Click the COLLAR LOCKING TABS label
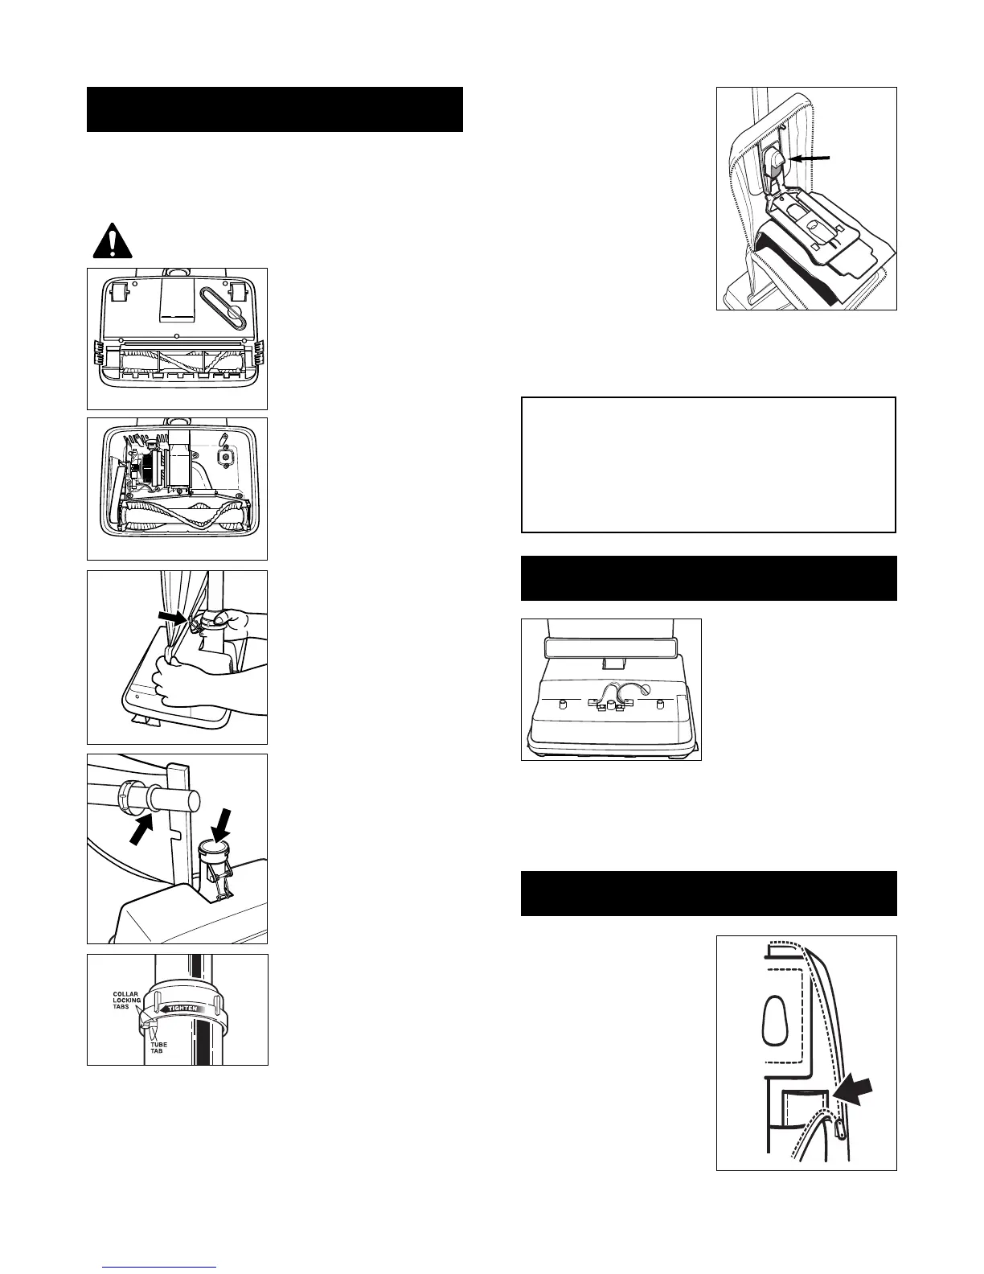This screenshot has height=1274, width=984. (126, 1000)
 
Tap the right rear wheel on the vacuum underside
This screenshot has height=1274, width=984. (238, 293)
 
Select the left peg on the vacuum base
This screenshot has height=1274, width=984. (563, 704)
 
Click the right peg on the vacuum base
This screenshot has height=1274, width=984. (660, 704)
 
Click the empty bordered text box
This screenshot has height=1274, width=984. (708, 464)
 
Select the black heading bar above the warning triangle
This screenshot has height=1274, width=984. (274, 109)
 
